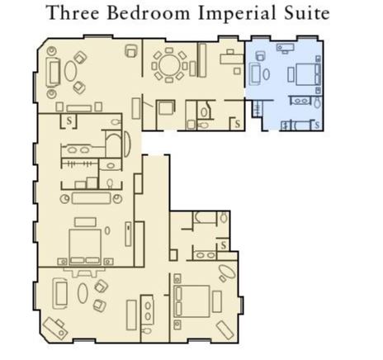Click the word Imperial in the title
coord(237,14)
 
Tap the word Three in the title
coord(73,13)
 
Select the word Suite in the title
coord(307,13)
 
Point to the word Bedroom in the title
coord(149,13)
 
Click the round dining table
coord(169,66)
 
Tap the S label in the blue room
coord(317,126)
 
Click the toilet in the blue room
coord(318,102)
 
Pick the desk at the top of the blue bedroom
coord(286,48)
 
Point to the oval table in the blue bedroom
coord(266,74)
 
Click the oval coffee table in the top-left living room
coord(70,71)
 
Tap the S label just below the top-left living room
coord(69,121)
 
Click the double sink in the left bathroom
coord(78,150)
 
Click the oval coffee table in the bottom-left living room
coord(83,293)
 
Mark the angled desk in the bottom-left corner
coord(55,329)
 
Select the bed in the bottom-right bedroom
coord(191,301)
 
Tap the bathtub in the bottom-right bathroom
coord(205,217)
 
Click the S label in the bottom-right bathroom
coord(224,244)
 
